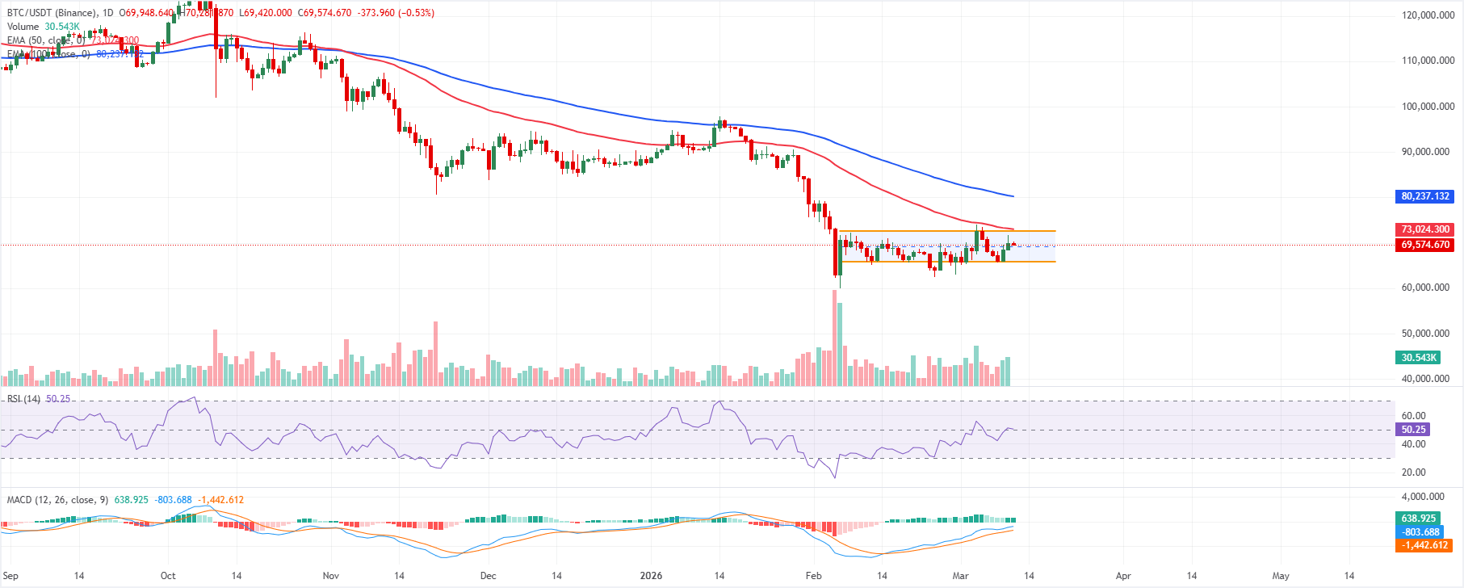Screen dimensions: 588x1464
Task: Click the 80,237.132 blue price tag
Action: pyautogui.click(x=1425, y=196)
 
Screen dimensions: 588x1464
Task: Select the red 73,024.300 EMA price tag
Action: pyautogui.click(x=1425, y=229)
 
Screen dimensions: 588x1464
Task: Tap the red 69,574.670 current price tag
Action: pyautogui.click(x=1425, y=245)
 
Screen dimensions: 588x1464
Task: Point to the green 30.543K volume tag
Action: pyautogui.click(x=1418, y=358)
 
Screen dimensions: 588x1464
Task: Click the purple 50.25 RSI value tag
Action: pyautogui.click(x=1413, y=430)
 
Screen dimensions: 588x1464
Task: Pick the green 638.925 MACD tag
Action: pyautogui.click(x=1418, y=519)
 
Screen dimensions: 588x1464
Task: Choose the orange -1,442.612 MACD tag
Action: pyautogui.click(x=1425, y=545)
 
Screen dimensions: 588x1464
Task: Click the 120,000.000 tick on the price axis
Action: pyautogui.click(x=1428, y=15)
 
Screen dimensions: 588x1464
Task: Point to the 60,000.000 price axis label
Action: pyautogui.click(x=1425, y=288)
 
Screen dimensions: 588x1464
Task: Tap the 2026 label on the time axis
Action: pyautogui.click(x=651, y=576)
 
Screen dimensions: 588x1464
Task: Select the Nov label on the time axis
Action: pyautogui.click(x=330, y=576)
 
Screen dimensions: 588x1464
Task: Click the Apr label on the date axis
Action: pyautogui.click(x=1123, y=576)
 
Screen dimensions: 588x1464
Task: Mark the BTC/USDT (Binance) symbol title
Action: pyautogui.click(x=52, y=13)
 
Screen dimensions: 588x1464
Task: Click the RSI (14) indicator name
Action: pyautogui.click(x=23, y=399)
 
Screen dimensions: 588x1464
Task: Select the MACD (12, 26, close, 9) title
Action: pyautogui.click(x=57, y=500)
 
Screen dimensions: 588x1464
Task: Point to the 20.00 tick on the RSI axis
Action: pyautogui.click(x=1413, y=472)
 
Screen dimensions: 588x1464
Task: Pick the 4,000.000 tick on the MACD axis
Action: pyautogui.click(x=1423, y=497)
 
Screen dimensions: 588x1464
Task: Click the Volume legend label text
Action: pyautogui.click(x=23, y=27)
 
